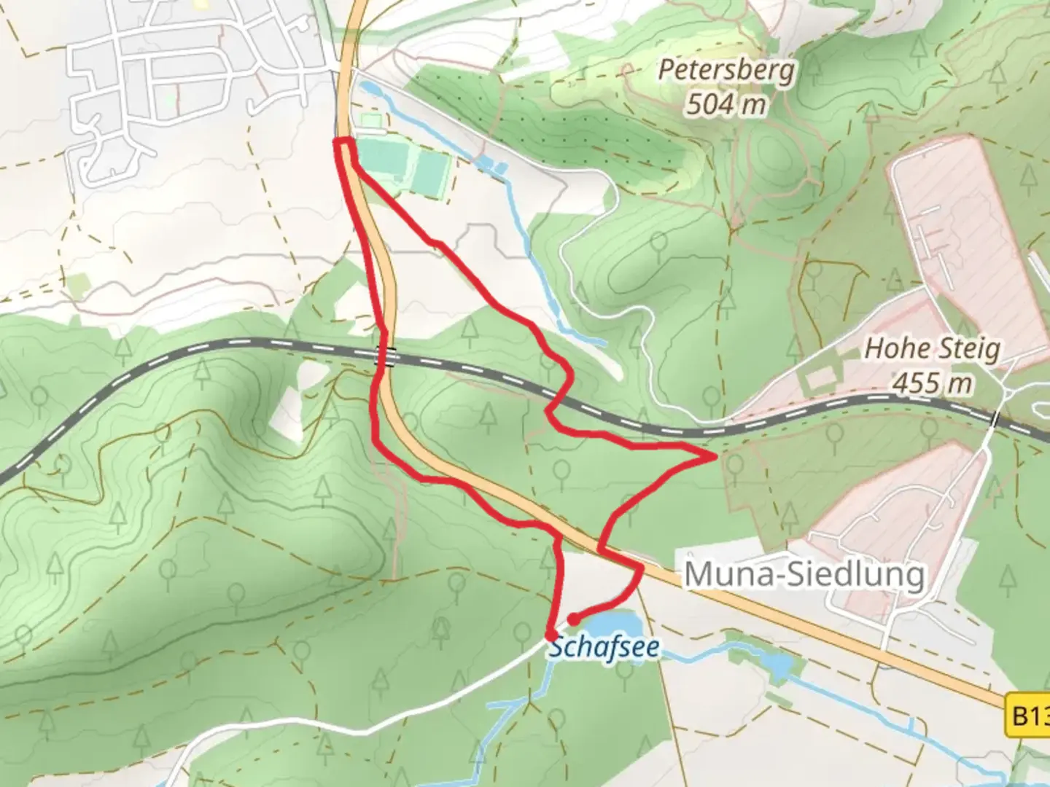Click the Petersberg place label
(726, 71)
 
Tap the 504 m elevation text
(726, 104)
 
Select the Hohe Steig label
(932, 348)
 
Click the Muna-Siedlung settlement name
(804, 575)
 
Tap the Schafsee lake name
(604, 647)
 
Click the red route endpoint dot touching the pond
(574, 619)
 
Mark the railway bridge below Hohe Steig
(996, 420)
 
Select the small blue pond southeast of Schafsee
(779, 666)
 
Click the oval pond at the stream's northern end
(370, 89)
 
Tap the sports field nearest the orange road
(384, 157)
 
